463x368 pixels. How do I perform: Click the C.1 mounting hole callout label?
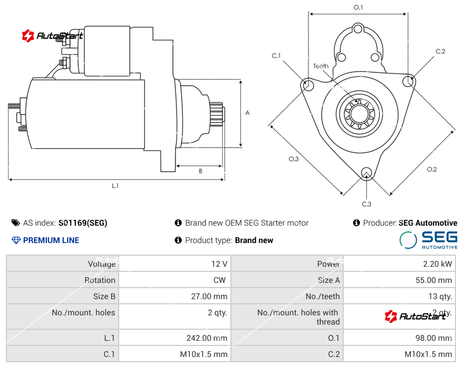click(x=276, y=56)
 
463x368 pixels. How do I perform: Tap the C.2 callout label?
click(x=440, y=51)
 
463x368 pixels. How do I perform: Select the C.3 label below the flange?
click(x=366, y=204)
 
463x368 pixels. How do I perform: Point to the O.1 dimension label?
click(x=358, y=8)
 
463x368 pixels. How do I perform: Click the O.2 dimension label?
click(x=432, y=169)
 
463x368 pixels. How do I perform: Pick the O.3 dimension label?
click(x=293, y=159)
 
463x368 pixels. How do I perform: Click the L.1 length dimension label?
click(x=115, y=186)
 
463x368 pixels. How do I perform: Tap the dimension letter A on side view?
click(x=247, y=113)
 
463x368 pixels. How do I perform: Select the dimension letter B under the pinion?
click(x=200, y=171)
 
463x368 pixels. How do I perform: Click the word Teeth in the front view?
click(x=321, y=66)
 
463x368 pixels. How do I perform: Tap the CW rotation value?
click(x=221, y=280)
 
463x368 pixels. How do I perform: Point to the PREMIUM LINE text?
click(x=51, y=240)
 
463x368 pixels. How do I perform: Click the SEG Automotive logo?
click(x=428, y=240)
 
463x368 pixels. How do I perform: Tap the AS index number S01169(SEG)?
click(x=83, y=223)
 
